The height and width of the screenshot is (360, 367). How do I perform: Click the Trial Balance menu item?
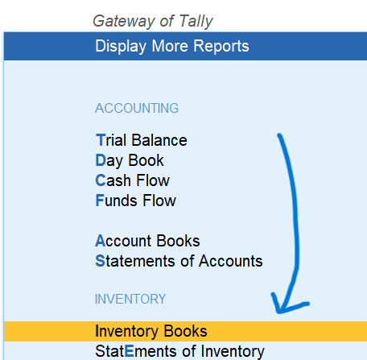point(142,140)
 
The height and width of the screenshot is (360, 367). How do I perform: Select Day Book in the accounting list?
point(130,161)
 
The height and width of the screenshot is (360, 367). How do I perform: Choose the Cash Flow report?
point(133,180)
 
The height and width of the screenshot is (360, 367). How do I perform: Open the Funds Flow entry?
point(136,201)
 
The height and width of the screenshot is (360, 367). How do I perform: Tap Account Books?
point(147,241)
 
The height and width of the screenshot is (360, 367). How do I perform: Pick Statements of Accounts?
point(179,261)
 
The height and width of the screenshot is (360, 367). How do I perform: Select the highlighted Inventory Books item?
point(151,331)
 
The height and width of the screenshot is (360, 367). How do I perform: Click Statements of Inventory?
point(179,351)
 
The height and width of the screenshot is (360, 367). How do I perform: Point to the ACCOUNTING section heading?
point(137,108)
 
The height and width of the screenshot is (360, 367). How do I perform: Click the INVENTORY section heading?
point(130,299)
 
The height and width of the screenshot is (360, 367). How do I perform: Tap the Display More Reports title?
point(172,46)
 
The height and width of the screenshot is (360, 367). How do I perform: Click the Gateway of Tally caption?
point(153,21)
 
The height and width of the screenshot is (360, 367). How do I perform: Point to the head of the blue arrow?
point(279,312)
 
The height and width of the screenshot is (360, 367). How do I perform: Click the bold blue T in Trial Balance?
point(100,140)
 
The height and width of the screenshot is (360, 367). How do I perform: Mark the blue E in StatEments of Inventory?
point(130,351)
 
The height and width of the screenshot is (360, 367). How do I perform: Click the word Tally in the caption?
point(196,21)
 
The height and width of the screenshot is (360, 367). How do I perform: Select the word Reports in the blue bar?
point(221,46)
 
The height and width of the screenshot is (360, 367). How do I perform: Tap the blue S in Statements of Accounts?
point(100,261)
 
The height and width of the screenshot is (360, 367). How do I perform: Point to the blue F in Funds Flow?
point(100,201)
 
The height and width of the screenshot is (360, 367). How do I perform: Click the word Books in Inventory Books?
point(186,331)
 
